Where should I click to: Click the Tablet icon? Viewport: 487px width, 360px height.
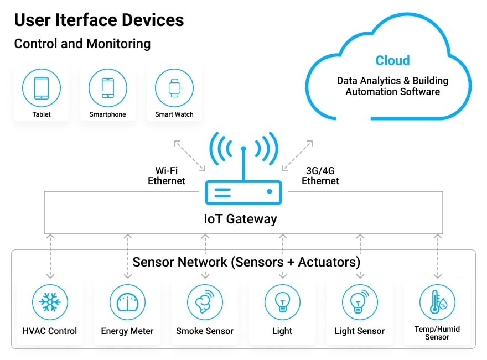(42, 88)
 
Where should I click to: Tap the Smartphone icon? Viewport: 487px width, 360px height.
(108, 88)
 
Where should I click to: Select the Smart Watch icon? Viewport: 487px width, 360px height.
(174, 88)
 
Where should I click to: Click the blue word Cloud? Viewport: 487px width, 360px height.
(392, 61)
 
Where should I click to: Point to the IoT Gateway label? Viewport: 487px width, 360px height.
(240, 219)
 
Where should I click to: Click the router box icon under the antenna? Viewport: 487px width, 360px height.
(244, 192)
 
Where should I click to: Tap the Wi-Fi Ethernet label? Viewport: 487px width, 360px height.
(167, 176)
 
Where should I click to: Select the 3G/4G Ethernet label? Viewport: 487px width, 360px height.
(320, 176)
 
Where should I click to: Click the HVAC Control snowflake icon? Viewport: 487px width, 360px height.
(50, 302)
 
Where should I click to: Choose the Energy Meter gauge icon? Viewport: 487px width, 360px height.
(127, 302)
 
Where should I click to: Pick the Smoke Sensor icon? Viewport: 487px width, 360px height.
(205, 302)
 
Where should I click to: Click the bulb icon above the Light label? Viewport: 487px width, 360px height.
(282, 302)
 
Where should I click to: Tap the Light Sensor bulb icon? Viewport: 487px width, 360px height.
(360, 302)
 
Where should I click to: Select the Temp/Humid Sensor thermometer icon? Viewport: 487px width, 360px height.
(437, 302)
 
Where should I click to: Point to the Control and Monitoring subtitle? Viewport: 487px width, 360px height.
(82, 44)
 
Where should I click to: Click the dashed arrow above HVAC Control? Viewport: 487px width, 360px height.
(50, 255)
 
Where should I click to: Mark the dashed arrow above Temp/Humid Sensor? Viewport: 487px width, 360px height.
(438, 255)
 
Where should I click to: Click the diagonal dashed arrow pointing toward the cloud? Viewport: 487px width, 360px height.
(299, 155)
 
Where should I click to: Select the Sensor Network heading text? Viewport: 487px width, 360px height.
(246, 262)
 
